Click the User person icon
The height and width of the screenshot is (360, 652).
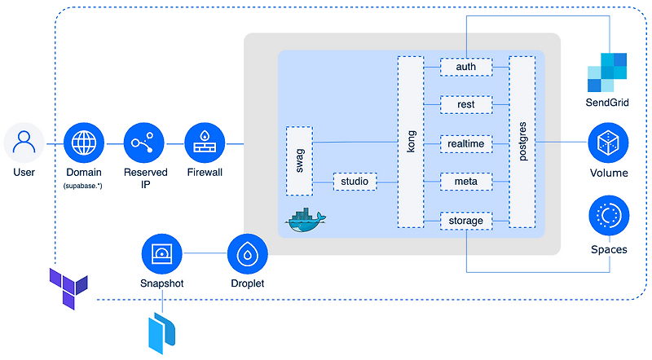pyautogui.click(x=24, y=144)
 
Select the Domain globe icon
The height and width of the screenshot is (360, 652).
pyautogui.click(x=84, y=144)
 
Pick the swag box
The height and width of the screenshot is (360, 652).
pyautogui.click(x=299, y=160)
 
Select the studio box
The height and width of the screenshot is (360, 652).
pyautogui.click(x=355, y=181)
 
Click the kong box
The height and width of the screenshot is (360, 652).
pyautogui.click(x=411, y=141)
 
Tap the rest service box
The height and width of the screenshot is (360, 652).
pyautogui.click(x=466, y=105)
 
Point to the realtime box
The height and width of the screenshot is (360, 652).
pyautogui.click(x=466, y=144)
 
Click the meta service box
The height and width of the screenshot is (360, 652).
pyautogui.click(x=466, y=182)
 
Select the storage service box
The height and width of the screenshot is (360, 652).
pyautogui.click(x=466, y=220)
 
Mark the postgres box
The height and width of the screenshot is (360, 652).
pyautogui.click(x=522, y=141)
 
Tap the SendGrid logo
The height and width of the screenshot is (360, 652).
pyautogui.click(x=607, y=72)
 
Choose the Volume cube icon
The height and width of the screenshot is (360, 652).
pyautogui.click(x=609, y=144)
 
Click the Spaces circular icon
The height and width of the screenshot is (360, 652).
pyautogui.click(x=609, y=216)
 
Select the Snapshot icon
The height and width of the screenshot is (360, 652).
pyautogui.click(x=162, y=254)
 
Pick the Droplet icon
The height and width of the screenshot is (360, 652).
pyautogui.click(x=249, y=254)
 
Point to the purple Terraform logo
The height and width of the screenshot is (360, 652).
pyautogui.click(x=68, y=284)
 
